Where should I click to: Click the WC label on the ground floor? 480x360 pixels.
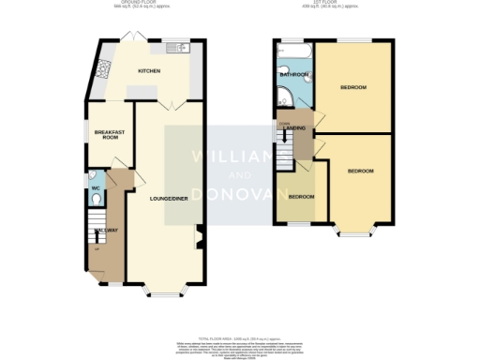(x=96, y=189)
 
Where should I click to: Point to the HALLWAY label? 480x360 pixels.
(x=106, y=230)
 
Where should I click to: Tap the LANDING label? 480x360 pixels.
(x=295, y=127)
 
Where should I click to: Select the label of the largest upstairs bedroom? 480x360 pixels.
(x=352, y=87)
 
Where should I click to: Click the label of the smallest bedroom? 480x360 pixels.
(x=300, y=196)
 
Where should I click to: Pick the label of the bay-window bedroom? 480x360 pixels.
(x=360, y=172)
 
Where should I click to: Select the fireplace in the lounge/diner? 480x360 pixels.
(x=199, y=236)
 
